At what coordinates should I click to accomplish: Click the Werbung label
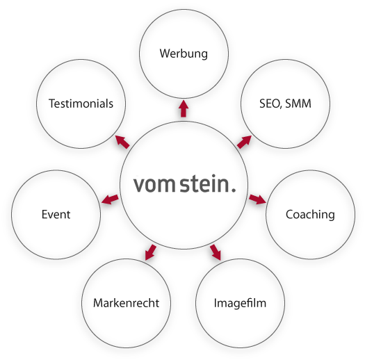click(x=184, y=54)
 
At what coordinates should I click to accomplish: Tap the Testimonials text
click(x=81, y=104)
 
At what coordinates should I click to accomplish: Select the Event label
click(x=56, y=214)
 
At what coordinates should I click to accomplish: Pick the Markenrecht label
click(x=126, y=303)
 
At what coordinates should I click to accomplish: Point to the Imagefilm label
click(x=240, y=303)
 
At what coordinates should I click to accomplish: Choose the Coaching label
click(x=310, y=215)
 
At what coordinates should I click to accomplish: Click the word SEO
click(x=269, y=104)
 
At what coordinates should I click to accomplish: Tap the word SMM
click(x=298, y=104)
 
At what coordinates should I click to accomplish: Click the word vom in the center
click(x=154, y=185)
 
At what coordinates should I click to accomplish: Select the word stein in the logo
click(x=204, y=183)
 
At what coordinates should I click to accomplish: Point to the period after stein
click(x=234, y=190)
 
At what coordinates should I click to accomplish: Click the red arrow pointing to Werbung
click(x=184, y=108)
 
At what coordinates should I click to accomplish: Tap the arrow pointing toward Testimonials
click(x=122, y=142)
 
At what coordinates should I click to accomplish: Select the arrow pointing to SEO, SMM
click(x=245, y=142)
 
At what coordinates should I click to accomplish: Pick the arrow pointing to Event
click(x=110, y=199)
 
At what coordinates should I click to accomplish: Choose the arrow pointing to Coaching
click(x=257, y=199)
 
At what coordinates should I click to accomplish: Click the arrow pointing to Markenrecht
click(x=150, y=252)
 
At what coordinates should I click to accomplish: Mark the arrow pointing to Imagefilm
click(x=216, y=252)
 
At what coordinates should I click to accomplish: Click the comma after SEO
click(x=281, y=107)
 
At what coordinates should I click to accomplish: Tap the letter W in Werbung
click(x=165, y=54)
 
